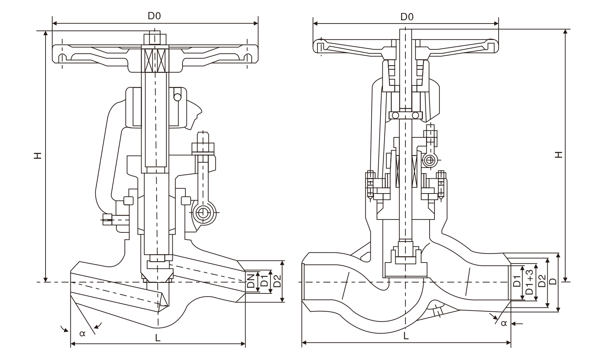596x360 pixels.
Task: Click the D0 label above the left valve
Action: pyautogui.click(x=154, y=16)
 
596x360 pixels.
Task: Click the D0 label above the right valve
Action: pyautogui.click(x=407, y=16)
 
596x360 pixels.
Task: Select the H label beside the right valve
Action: pyautogui.click(x=559, y=155)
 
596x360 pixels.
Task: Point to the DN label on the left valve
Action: pyautogui.click(x=251, y=281)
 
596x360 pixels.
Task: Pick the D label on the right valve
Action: pyautogui.click(x=553, y=281)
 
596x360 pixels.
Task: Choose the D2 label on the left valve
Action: pyautogui.click(x=277, y=281)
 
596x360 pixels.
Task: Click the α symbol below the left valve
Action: pyautogui.click(x=82, y=333)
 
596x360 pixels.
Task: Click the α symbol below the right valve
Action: pyautogui.click(x=504, y=323)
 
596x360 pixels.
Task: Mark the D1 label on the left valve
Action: pyautogui.click(x=265, y=281)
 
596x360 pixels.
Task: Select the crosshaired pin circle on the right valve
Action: pyautogui.click(x=429, y=161)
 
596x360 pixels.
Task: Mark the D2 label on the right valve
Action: pyautogui.click(x=542, y=281)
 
